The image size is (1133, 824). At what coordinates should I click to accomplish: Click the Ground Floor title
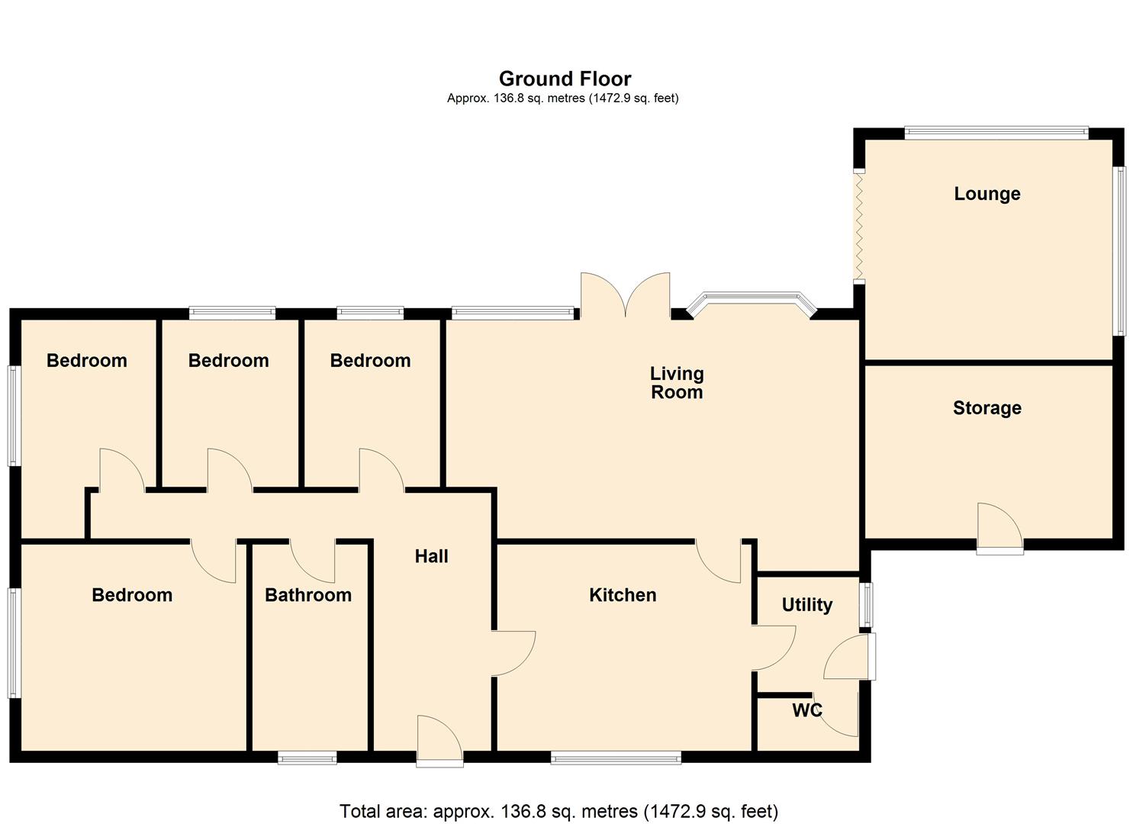point(565,79)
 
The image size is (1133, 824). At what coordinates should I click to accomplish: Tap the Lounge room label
point(987,194)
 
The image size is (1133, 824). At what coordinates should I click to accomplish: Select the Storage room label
point(987,408)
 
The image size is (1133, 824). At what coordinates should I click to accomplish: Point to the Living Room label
point(677,383)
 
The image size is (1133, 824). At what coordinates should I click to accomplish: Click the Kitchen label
point(623,595)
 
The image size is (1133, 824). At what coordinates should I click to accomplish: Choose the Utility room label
point(806,605)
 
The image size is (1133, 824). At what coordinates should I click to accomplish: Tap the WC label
point(806,710)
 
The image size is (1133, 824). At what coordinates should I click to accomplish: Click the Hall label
point(431,557)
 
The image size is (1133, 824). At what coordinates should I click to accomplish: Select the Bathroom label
point(308,595)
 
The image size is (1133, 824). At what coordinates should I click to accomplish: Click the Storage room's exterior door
point(999,526)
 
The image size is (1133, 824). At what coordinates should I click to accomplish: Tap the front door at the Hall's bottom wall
point(439,740)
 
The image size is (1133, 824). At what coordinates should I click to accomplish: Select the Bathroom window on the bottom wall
point(307,757)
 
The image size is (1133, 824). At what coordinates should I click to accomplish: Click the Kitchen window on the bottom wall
point(616,757)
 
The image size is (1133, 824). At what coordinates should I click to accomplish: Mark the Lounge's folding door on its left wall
point(858,227)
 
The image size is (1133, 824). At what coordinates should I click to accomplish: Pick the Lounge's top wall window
point(996,133)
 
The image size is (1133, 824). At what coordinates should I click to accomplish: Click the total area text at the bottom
point(558,810)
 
